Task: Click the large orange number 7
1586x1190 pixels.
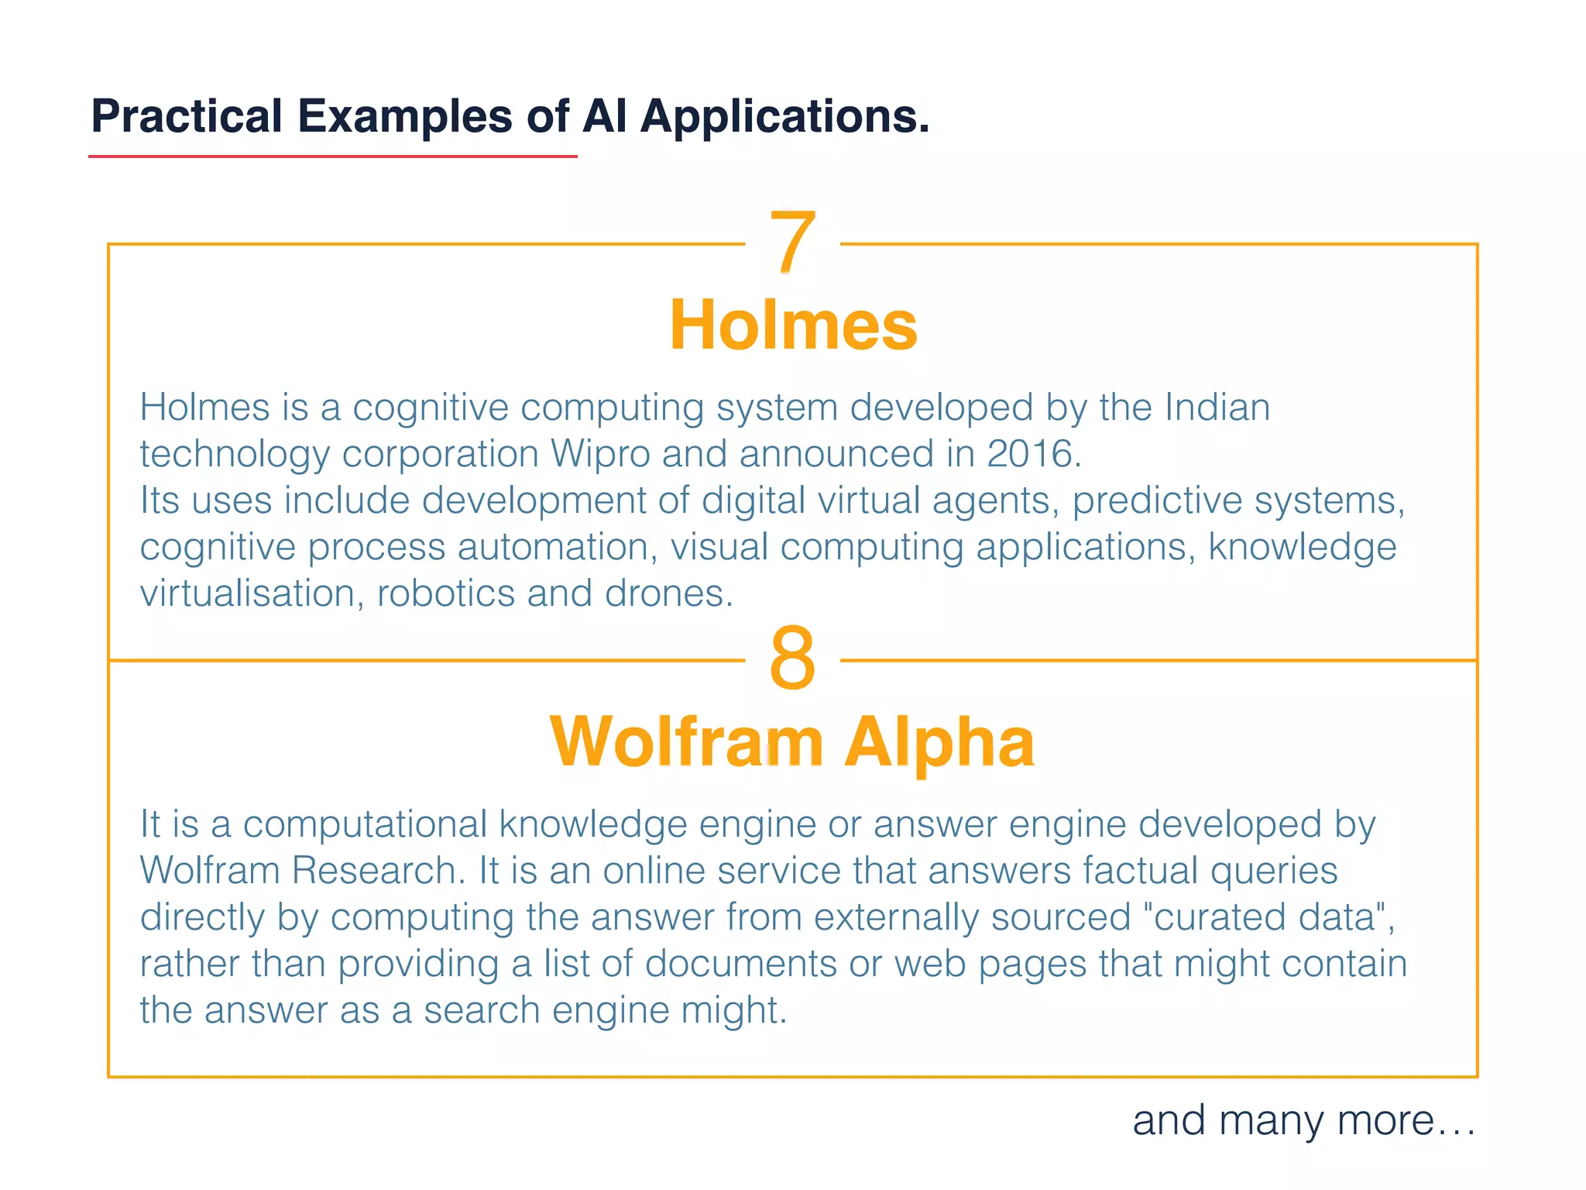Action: [x=792, y=242]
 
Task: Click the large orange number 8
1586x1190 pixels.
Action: [x=792, y=659]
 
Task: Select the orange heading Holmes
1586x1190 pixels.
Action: [x=793, y=325]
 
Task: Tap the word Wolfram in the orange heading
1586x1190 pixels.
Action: [x=686, y=742]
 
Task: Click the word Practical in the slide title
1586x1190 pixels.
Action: [x=187, y=116]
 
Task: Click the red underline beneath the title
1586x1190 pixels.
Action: [x=333, y=156]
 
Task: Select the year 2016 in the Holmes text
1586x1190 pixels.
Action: [x=1032, y=454]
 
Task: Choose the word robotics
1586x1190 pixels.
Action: [x=445, y=593]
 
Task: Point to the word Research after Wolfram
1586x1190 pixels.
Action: [x=379, y=871]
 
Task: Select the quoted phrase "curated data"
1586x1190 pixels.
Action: [x=1268, y=917]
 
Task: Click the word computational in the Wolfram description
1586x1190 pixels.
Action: [x=365, y=824]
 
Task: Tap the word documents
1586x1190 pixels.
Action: [x=741, y=964]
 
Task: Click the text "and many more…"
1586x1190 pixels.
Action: [x=1304, y=1120]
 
